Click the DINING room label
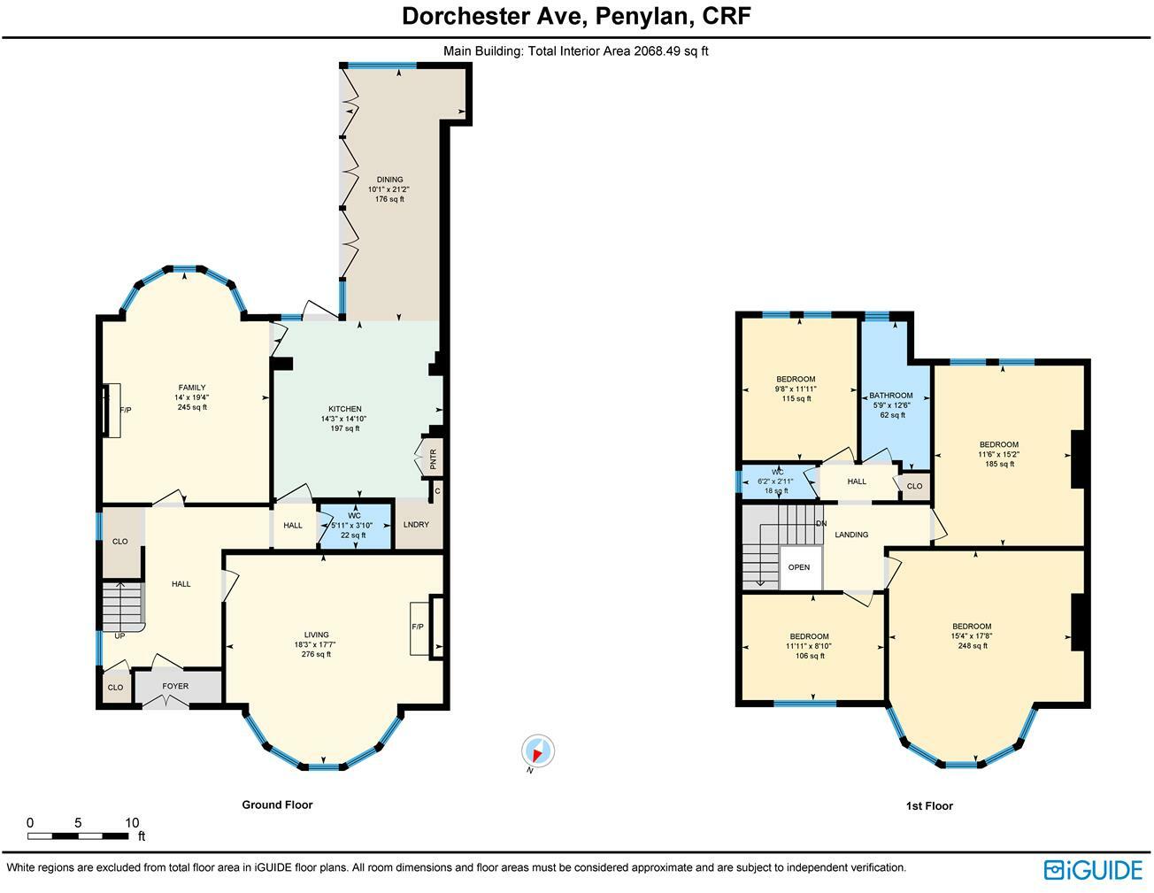389,180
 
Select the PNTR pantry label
434,459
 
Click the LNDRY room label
416,525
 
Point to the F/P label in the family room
126,410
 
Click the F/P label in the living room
418,627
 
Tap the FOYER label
175,687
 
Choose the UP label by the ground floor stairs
119,635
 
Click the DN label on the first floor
821,523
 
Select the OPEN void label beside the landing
799,567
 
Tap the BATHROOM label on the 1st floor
891,396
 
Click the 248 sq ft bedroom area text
972,646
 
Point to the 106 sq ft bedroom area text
810,656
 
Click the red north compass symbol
537,752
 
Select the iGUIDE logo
1093,870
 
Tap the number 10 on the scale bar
132,823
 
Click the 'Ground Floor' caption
277,804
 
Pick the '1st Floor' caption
929,805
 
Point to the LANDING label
851,535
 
